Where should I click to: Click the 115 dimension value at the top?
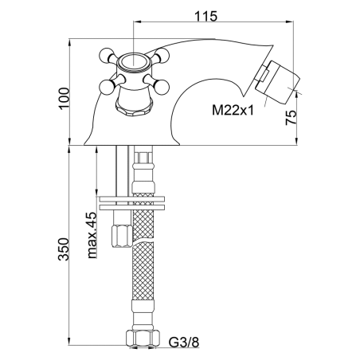click(x=206, y=16)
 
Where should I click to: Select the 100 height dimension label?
click(x=64, y=98)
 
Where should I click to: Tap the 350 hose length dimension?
click(x=64, y=249)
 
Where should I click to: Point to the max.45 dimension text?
click(x=92, y=235)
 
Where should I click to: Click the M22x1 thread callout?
click(x=233, y=110)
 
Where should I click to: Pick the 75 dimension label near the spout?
click(x=291, y=118)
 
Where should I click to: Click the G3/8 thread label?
click(x=184, y=342)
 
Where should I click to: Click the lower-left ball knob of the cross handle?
click(x=106, y=87)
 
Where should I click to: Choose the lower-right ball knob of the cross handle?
click(x=162, y=87)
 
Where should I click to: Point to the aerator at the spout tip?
click(x=277, y=83)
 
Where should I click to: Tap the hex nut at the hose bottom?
click(x=143, y=338)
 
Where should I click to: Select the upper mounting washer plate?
click(x=132, y=199)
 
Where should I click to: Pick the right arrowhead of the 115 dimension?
click(x=291, y=22)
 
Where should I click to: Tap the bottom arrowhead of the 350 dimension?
click(x=69, y=342)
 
